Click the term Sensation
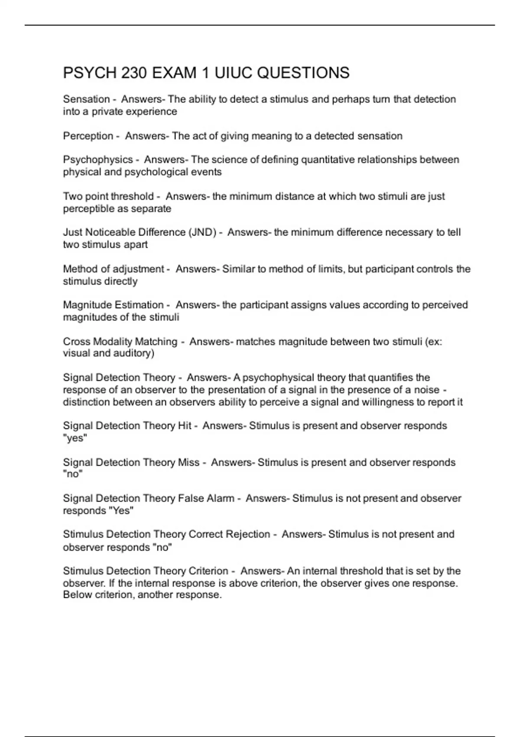tap(86, 99)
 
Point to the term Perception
tap(88, 136)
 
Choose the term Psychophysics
tap(98, 160)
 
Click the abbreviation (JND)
tap(202, 232)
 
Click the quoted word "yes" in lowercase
tap(75, 438)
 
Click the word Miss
tap(188, 463)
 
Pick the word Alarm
tap(221, 499)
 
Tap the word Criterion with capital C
tap(206, 571)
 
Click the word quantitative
tap(330, 160)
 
